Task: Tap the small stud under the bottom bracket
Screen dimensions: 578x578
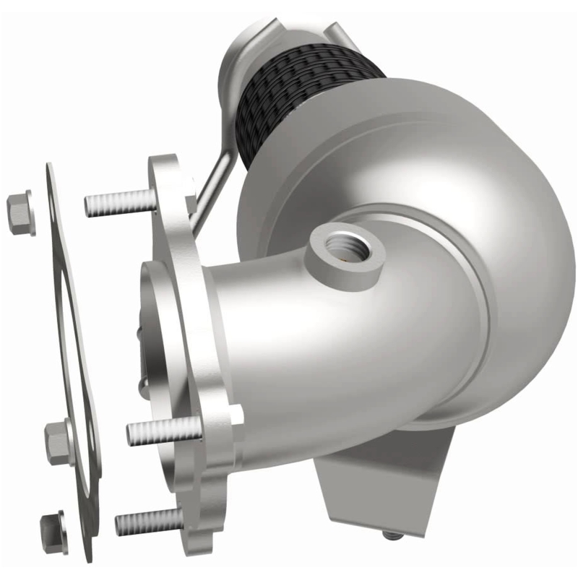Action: pyautogui.click(x=392, y=535)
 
